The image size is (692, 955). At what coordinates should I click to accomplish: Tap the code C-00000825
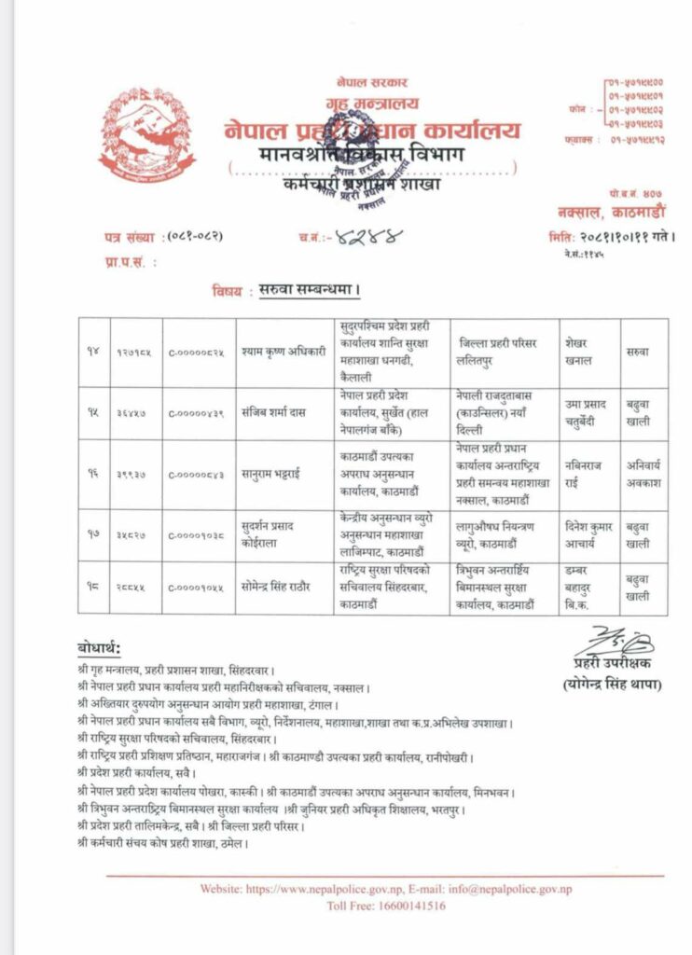coord(199,352)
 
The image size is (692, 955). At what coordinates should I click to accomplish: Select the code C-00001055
coord(199,586)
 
